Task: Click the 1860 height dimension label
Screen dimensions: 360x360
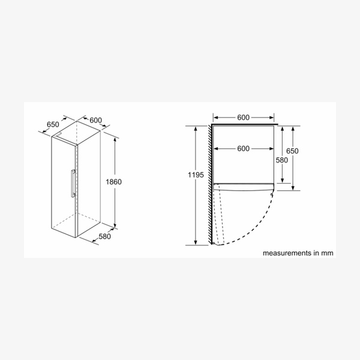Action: pos(113,182)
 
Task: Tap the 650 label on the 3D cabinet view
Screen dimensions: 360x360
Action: pos(53,124)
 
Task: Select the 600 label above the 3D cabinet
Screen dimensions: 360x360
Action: pos(95,120)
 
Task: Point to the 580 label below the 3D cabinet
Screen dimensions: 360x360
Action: pos(104,236)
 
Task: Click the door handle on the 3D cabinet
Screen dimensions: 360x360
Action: pos(73,183)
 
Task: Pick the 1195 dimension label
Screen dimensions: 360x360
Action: pos(196,175)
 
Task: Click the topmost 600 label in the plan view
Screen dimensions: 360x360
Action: pos(244,118)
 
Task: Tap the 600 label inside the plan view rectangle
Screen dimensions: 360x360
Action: pos(244,149)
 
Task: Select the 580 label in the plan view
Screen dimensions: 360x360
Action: pos(282,160)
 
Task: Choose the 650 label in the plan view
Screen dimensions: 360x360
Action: pos(292,151)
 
